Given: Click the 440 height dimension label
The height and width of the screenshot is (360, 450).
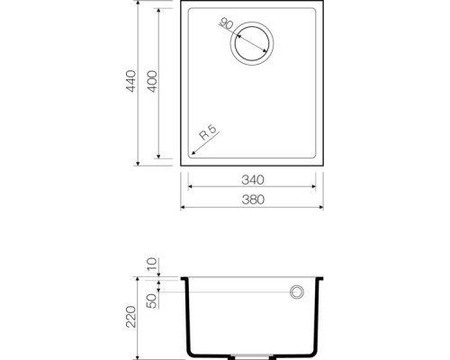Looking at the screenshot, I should click(130, 84).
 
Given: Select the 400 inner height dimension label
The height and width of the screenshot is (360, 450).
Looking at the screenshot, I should click(153, 84).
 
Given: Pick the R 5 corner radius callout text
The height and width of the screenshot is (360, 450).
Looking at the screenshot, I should click(209, 135).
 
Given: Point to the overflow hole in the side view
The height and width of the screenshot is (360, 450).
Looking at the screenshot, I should click(294, 292).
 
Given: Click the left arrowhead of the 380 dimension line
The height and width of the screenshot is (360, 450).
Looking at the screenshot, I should click(184, 206).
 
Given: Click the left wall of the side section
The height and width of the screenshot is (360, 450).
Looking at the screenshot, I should click(189, 315).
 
